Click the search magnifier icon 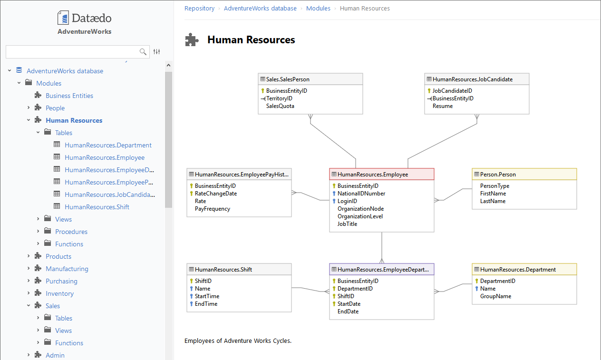pos(143,52)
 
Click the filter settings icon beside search pos(157,52)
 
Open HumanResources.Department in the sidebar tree pos(108,145)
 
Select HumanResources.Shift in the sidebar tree pos(97,207)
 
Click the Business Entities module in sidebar pos(69,96)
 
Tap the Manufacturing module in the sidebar pos(67,269)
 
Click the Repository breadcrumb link pos(199,8)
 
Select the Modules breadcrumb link pos(318,8)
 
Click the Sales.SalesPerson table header pos(310,79)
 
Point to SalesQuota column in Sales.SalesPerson pos(280,106)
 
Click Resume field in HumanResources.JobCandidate pos(442,106)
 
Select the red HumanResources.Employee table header pos(381,175)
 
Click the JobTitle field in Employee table pos(347,224)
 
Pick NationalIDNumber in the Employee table pos(361,194)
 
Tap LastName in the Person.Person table pos(493,201)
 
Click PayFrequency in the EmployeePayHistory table pos(212,209)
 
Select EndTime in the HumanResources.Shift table pos(206,304)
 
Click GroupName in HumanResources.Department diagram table pos(495,296)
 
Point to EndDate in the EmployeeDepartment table pos(348,311)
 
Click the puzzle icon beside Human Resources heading pos(192,40)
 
